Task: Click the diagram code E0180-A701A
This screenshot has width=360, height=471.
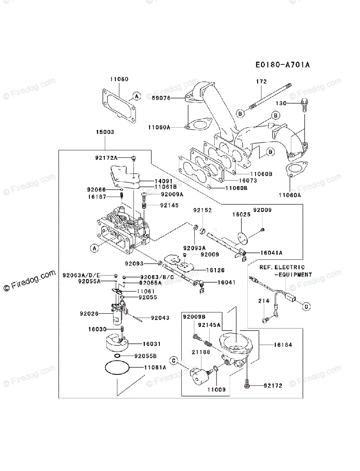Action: (282, 64)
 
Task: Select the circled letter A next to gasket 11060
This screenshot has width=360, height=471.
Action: (136, 96)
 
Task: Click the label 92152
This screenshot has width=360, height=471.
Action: (202, 210)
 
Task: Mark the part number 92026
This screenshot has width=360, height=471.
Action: (89, 314)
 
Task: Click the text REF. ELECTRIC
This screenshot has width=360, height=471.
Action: (281, 267)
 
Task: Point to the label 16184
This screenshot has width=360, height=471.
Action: (283, 345)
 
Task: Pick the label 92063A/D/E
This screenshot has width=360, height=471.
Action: (81, 275)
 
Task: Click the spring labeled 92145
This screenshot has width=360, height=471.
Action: (144, 205)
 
